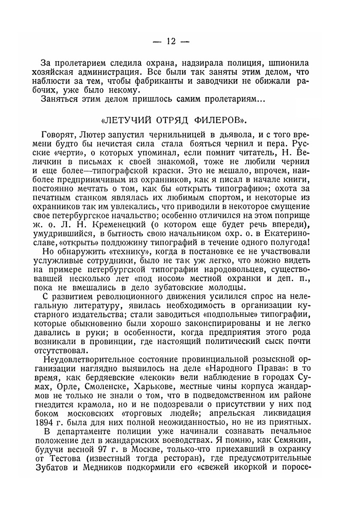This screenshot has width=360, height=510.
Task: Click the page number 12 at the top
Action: [x=171, y=42]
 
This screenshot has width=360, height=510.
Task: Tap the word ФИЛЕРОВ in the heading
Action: [x=220, y=115]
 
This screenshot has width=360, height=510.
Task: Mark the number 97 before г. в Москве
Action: [x=109, y=452]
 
